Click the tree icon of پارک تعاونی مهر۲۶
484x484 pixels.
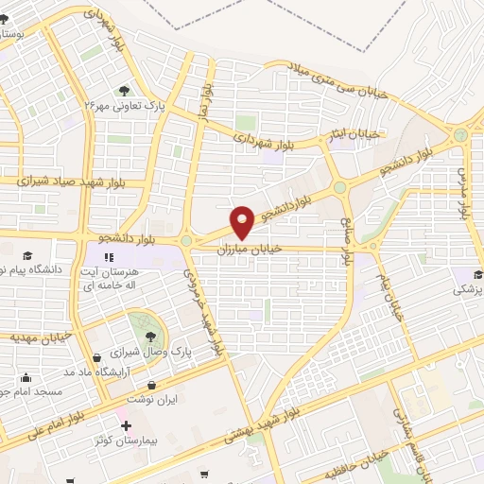tap(124, 92)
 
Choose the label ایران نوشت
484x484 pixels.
tap(155, 400)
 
